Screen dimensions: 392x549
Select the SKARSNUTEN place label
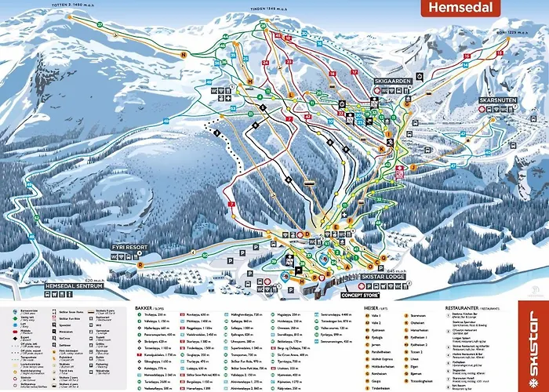coord(496,101)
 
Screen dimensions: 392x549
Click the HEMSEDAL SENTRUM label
coord(75,286)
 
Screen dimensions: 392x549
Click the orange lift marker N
coord(184,55)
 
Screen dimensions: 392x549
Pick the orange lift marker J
coord(412,167)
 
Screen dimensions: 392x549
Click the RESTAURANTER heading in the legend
coord(464,309)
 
